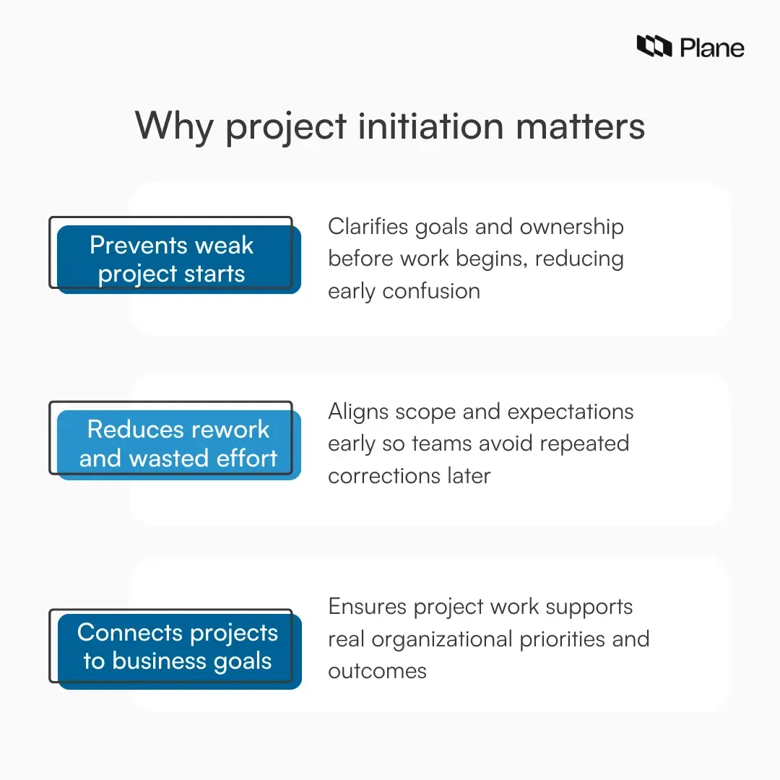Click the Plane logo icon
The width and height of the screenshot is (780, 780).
tap(654, 47)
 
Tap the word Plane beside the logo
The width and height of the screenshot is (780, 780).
tap(711, 48)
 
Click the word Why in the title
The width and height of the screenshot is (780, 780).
tap(174, 126)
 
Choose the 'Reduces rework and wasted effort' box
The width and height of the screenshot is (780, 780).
tap(178, 443)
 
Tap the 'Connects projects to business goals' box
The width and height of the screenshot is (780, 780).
tap(177, 647)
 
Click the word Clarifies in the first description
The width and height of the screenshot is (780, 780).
tap(368, 227)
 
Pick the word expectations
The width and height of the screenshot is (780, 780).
tap(571, 412)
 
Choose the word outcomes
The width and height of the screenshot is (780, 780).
tap(377, 671)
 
